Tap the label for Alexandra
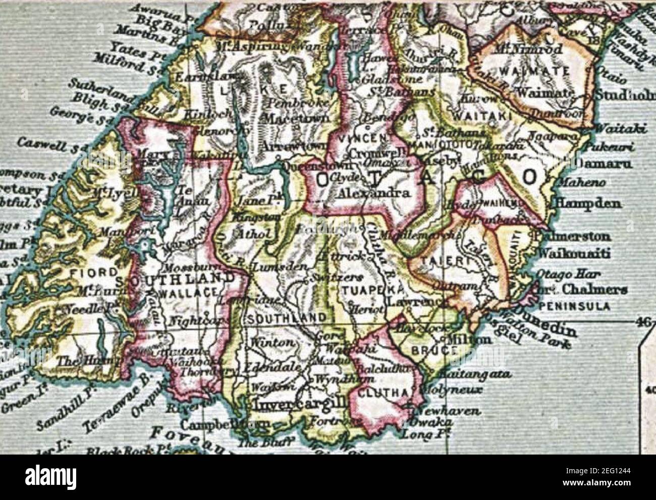[x=373, y=193]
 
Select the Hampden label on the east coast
[x=588, y=204]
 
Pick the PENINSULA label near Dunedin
[x=575, y=306]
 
